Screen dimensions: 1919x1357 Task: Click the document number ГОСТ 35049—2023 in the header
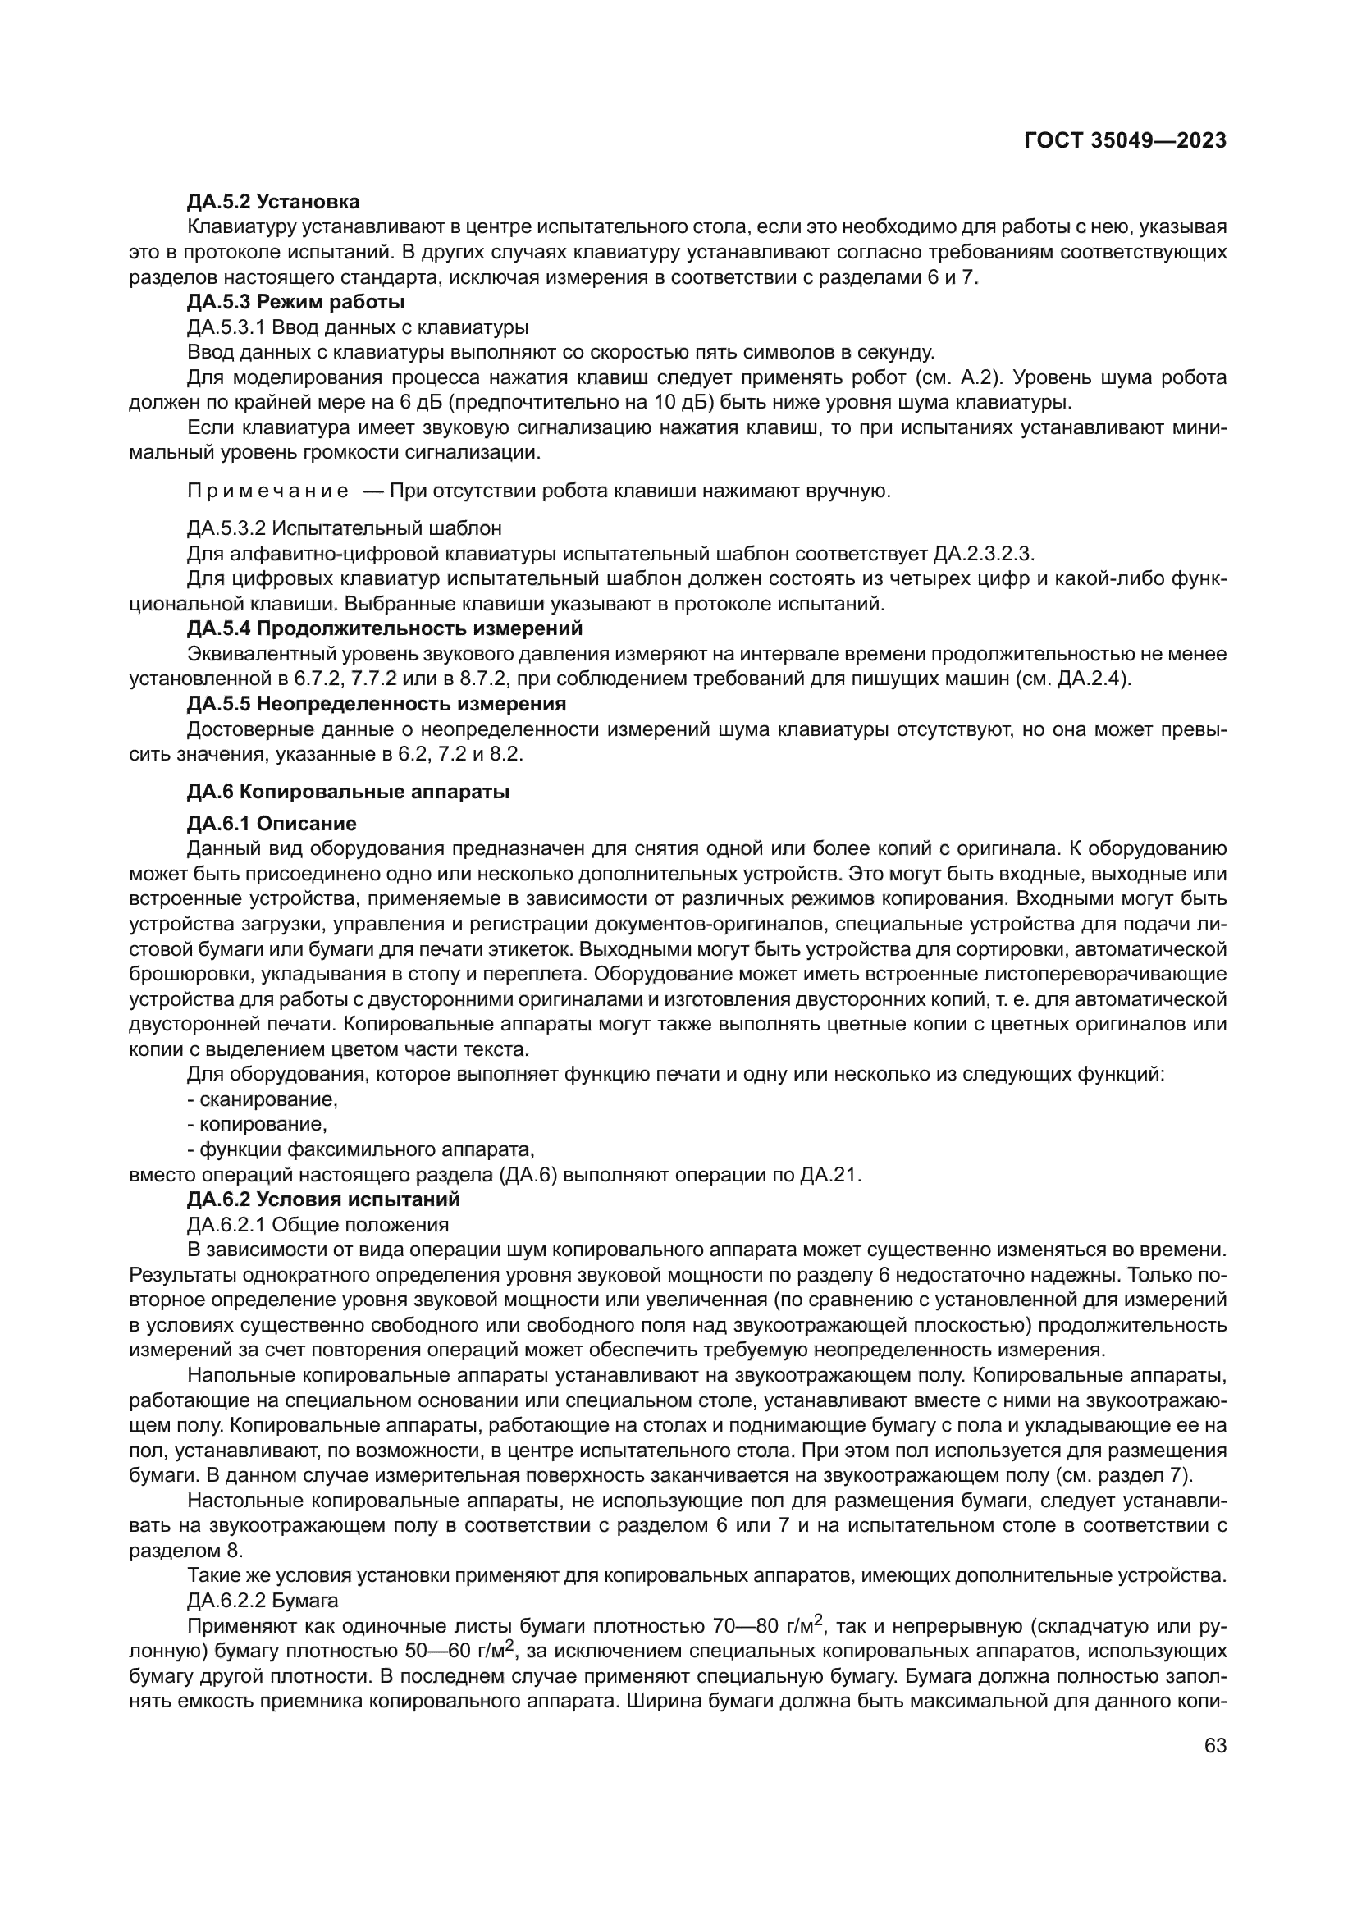point(1125,140)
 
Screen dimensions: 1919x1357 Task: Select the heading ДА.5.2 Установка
point(273,202)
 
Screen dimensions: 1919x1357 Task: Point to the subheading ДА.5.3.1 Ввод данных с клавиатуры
point(358,327)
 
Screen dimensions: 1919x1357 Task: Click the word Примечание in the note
point(267,491)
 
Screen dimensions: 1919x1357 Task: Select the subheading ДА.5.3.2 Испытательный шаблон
point(345,528)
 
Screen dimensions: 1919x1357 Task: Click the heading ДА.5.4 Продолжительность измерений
point(384,628)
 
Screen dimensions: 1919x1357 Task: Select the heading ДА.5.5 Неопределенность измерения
point(376,704)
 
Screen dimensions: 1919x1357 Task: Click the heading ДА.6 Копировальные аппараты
point(348,792)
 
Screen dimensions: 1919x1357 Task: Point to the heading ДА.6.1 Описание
point(272,823)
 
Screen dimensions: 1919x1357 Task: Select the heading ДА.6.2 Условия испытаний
point(323,1199)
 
